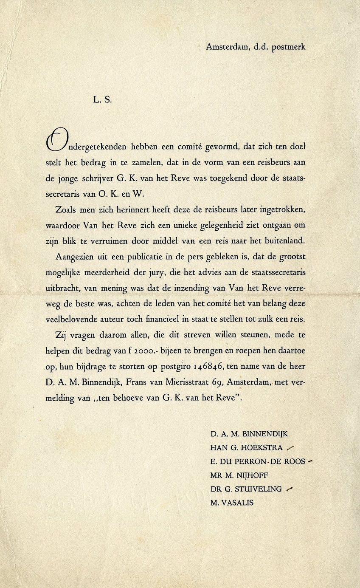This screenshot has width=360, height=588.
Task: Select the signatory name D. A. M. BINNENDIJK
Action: tap(249, 434)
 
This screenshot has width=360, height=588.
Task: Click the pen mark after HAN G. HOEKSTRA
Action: tap(290, 447)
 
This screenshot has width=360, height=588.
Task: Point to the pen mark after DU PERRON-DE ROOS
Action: tap(309, 461)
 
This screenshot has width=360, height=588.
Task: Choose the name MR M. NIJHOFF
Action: tap(239, 475)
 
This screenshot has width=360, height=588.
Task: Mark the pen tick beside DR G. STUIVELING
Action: tap(290, 489)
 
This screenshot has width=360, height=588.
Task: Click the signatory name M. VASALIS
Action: tap(232, 503)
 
